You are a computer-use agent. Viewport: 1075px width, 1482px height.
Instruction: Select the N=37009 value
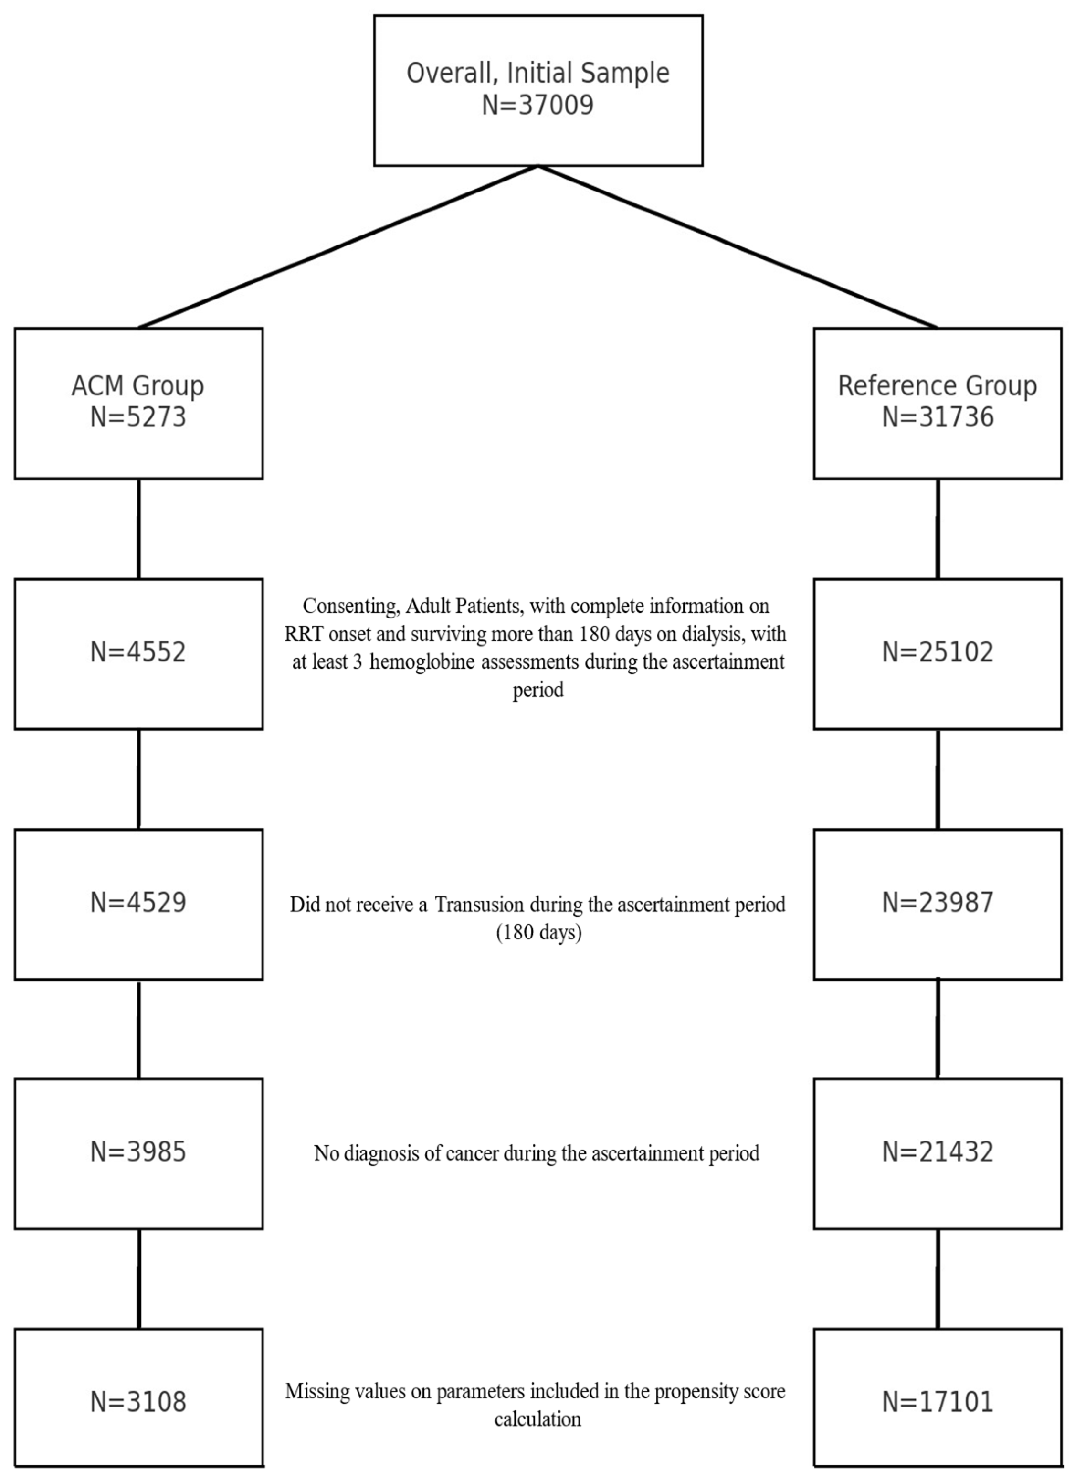537,105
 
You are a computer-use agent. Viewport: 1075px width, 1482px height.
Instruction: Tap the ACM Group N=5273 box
138,403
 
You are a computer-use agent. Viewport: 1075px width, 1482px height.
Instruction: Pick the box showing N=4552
138,653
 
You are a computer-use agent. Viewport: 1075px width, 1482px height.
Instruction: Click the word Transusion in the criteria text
479,905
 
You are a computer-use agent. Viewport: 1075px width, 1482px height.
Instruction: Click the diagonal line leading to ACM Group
338,246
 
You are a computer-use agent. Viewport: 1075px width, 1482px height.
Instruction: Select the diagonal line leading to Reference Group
738,246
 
